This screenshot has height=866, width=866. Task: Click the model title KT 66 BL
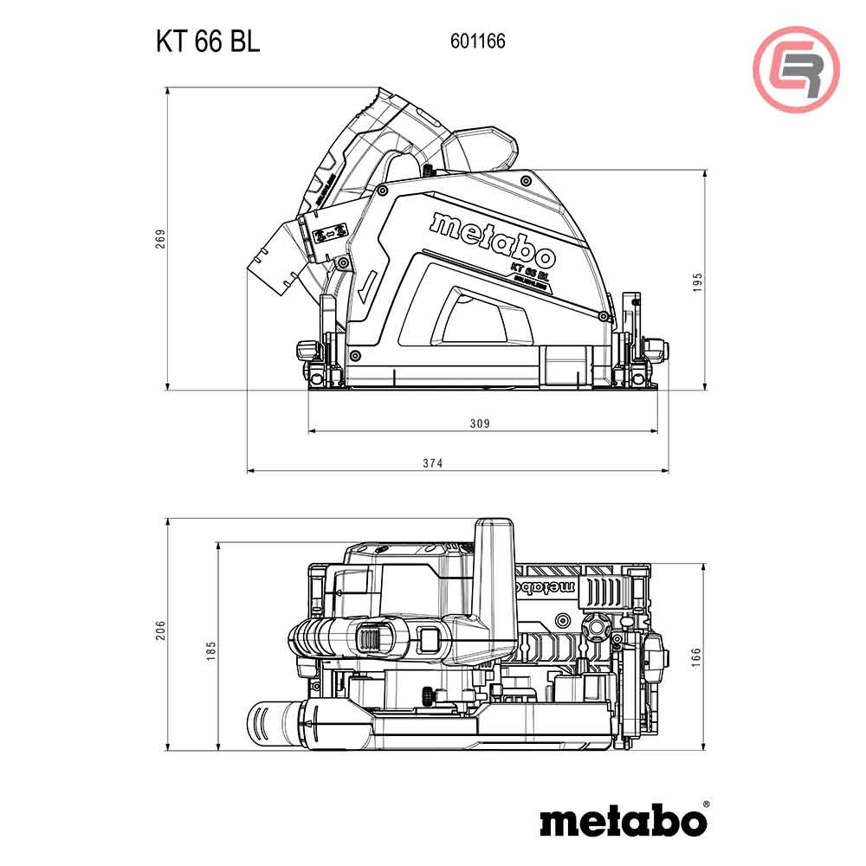point(207,42)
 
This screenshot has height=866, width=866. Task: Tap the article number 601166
point(477,41)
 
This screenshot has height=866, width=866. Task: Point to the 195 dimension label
point(698,281)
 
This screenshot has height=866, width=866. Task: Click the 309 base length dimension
point(479,423)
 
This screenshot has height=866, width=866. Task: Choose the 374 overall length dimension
point(433,463)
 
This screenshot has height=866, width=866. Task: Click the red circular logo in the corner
point(796,69)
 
